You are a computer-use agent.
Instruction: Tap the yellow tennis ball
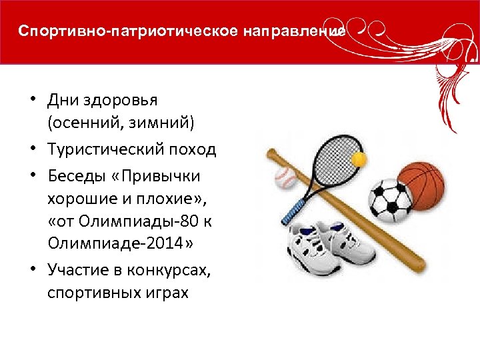(359, 160)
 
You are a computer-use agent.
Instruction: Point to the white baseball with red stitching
(285, 178)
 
